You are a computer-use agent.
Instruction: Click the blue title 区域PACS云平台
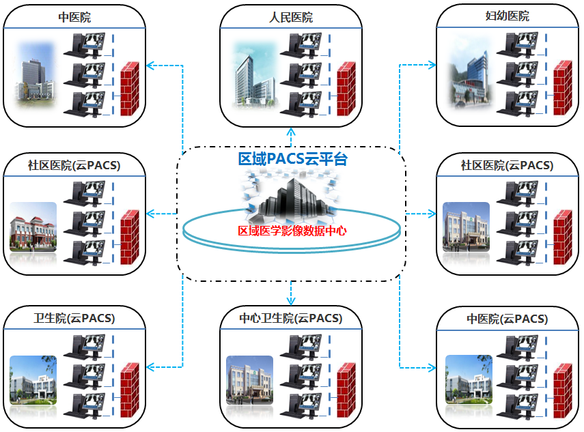coord(292,159)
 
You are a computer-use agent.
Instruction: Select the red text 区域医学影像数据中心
coord(292,231)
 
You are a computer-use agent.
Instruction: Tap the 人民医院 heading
coord(292,17)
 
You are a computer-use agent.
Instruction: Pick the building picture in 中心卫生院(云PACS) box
coord(249,379)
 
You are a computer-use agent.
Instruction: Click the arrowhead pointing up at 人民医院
coord(292,131)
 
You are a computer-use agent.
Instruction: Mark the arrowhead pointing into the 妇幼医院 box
coord(432,66)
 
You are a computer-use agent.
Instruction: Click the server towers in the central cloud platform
coord(288,195)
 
